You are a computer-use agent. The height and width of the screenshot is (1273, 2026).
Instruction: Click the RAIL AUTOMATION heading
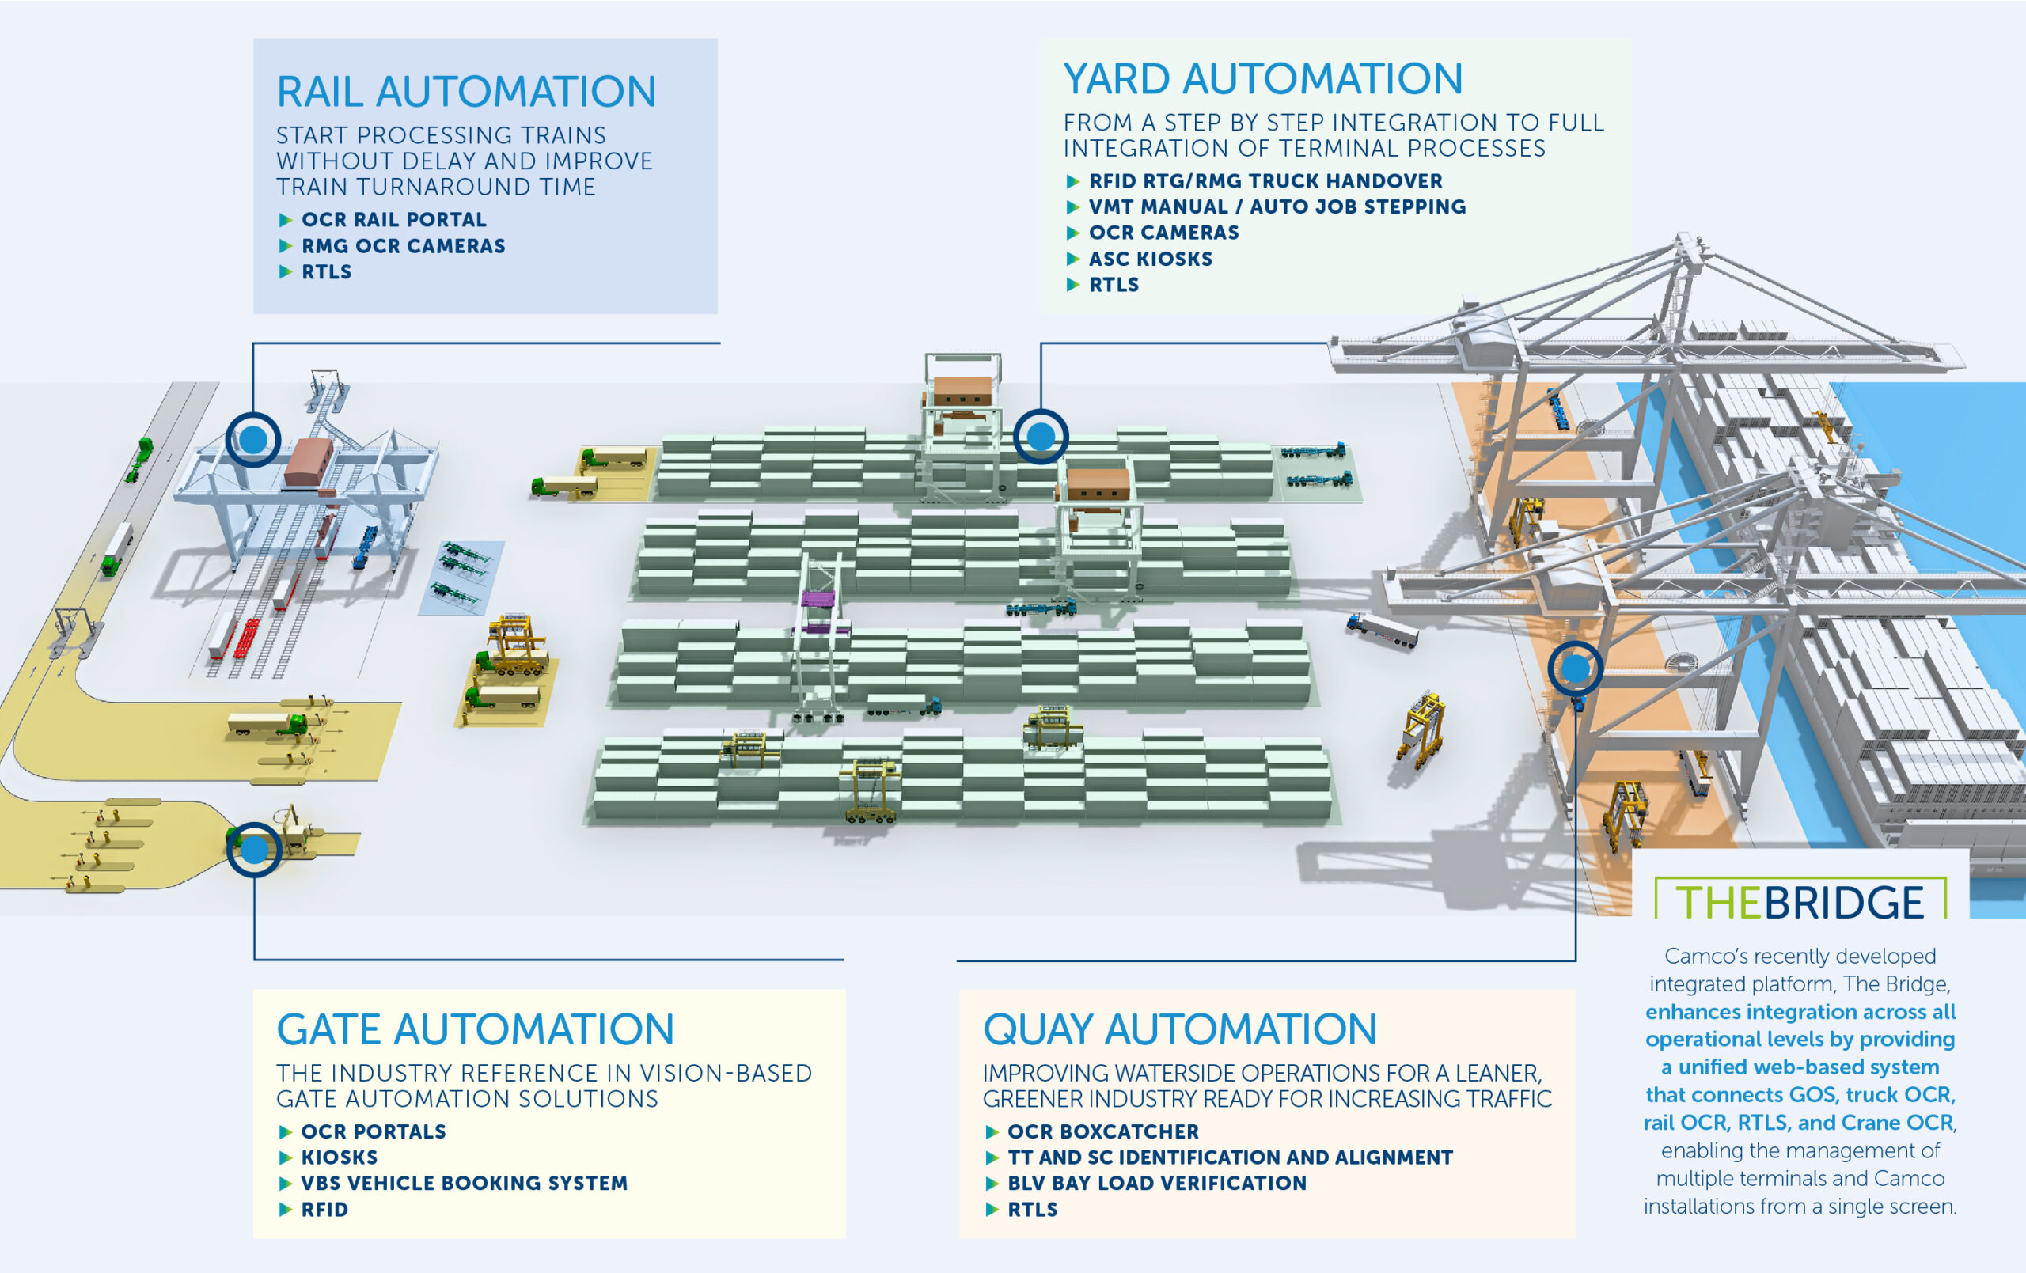click(x=466, y=92)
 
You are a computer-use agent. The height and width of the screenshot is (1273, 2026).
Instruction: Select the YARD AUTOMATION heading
click(x=1263, y=79)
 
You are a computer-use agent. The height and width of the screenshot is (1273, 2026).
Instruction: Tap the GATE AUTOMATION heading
click(x=476, y=1029)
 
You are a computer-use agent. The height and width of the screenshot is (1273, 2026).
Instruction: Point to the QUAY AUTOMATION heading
click(x=1179, y=1029)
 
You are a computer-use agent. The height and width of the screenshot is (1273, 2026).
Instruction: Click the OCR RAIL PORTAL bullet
click(x=394, y=220)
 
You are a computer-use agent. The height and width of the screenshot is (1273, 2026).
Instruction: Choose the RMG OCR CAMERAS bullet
click(x=403, y=246)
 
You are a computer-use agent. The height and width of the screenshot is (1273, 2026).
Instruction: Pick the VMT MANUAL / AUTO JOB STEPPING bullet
click(x=1277, y=207)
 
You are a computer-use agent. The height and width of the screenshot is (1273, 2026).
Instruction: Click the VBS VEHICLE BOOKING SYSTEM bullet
click(x=464, y=1183)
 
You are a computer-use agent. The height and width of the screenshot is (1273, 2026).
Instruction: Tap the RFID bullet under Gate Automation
click(x=324, y=1209)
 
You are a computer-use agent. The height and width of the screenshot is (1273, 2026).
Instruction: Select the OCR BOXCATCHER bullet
click(x=1103, y=1131)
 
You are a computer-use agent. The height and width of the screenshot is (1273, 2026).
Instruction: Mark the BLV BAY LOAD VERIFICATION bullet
click(x=1157, y=1183)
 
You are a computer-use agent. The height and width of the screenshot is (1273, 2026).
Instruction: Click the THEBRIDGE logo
click(x=1800, y=902)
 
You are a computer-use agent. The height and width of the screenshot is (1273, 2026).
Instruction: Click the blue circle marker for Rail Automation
click(x=253, y=439)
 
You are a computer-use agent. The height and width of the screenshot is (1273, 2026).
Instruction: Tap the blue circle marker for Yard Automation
click(x=1041, y=436)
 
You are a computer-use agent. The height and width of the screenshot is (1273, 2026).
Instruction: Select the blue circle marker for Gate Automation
click(x=254, y=850)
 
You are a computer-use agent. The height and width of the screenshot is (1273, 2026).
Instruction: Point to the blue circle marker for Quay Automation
click(x=1575, y=669)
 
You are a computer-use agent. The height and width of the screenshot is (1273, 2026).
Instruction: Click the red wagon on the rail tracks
click(x=246, y=637)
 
